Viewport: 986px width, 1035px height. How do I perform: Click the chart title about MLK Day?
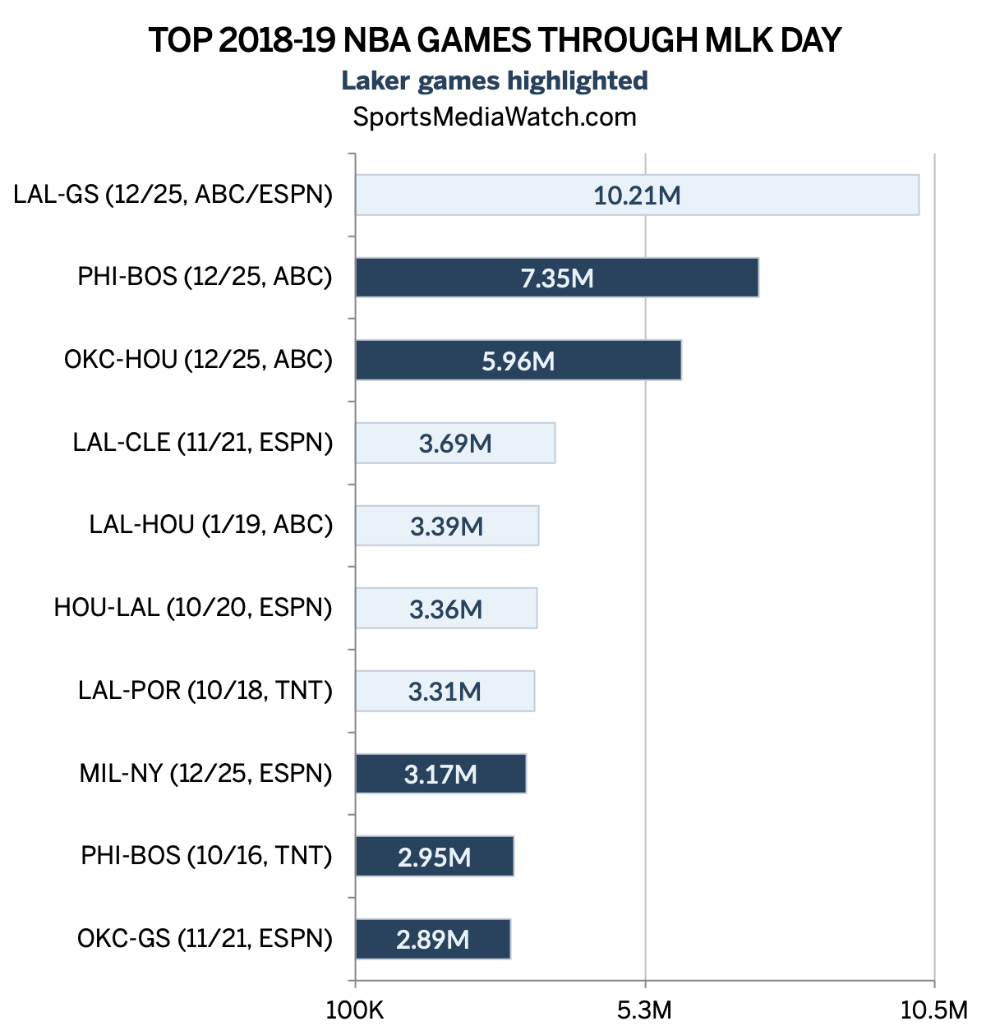click(495, 40)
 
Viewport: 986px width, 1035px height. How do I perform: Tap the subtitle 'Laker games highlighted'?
click(495, 80)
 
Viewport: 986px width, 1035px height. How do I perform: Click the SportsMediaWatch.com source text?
click(495, 117)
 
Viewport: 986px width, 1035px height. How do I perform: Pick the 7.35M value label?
click(557, 278)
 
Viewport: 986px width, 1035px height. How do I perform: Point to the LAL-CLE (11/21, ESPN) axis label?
click(203, 442)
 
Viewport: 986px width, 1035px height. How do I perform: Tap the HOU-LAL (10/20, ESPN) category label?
click(193, 608)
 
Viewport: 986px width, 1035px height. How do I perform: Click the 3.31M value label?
click(445, 692)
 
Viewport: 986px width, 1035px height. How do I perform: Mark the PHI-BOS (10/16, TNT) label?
click(206, 856)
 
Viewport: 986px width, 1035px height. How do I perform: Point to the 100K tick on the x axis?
click(355, 1010)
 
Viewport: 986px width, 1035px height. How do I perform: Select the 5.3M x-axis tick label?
click(645, 1010)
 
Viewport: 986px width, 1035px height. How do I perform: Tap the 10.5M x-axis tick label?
click(934, 1010)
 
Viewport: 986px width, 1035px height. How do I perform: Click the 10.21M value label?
click(637, 195)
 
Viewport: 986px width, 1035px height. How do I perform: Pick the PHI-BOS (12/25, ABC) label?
click(205, 277)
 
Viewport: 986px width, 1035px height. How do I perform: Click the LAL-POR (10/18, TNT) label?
click(205, 691)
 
